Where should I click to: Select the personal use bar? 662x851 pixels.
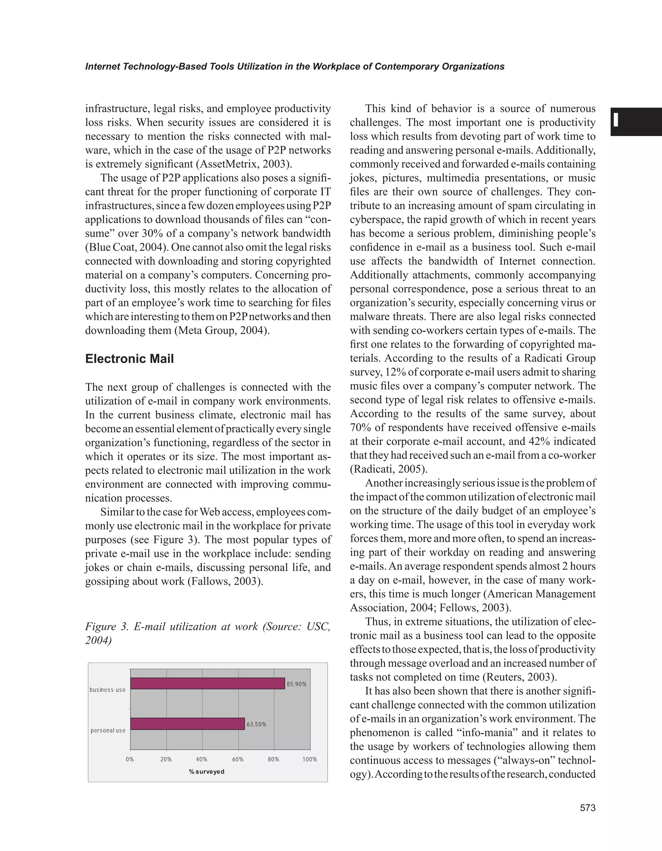(187, 724)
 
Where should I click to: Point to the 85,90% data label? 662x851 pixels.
(296, 684)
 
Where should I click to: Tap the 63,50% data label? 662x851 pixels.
(256, 724)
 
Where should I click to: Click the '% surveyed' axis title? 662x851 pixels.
(207, 771)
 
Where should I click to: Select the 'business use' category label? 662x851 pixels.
(108, 690)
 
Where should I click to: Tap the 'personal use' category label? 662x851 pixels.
(108, 730)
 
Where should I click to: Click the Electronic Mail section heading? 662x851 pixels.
(129, 358)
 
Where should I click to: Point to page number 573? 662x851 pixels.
(588, 808)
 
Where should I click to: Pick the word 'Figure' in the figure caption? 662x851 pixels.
(101, 627)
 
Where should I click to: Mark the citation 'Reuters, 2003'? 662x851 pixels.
(519, 677)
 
